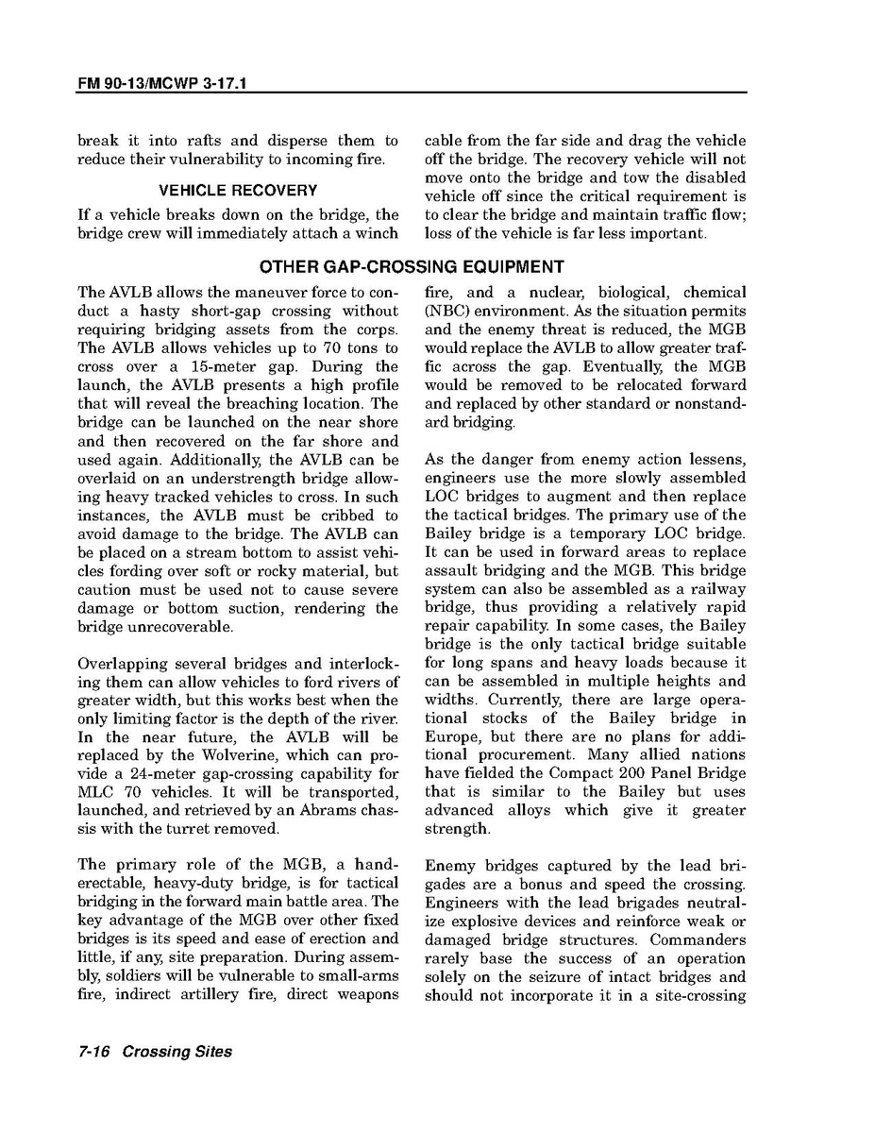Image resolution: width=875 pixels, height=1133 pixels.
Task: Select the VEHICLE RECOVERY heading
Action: [x=238, y=191]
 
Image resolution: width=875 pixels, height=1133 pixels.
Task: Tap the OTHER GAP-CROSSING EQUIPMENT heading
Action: [x=411, y=267]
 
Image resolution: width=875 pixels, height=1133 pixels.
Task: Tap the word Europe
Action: [x=454, y=736]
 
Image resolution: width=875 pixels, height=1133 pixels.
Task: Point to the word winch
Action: [x=378, y=233]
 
